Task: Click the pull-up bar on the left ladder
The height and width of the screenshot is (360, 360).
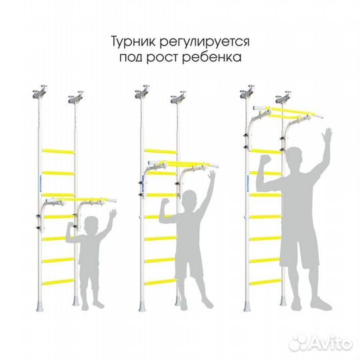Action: pyautogui.click(x=93, y=199)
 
